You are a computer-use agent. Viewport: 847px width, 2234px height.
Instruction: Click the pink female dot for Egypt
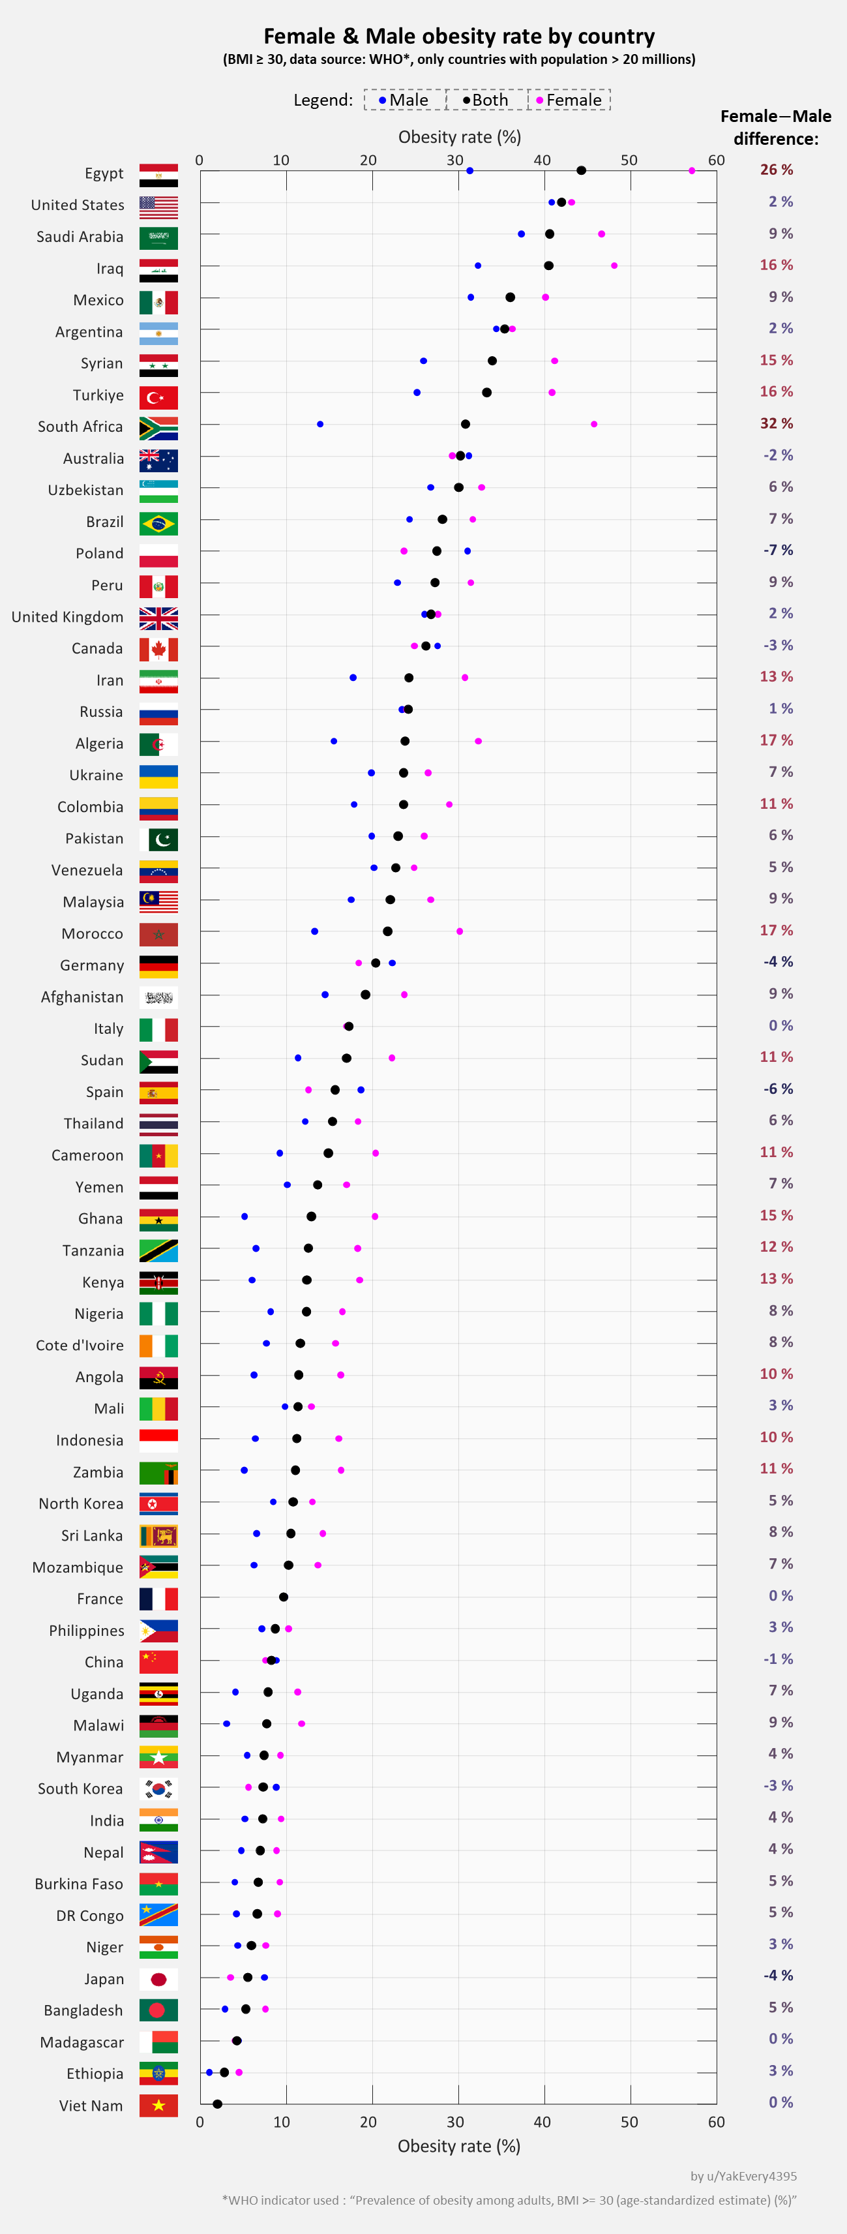point(692,171)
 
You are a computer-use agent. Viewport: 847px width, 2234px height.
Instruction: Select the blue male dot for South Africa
point(320,424)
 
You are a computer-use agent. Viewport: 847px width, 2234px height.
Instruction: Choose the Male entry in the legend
point(404,100)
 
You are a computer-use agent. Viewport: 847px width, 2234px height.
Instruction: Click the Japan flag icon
point(158,1979)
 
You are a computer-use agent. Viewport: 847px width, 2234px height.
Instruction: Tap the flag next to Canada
point(158,650)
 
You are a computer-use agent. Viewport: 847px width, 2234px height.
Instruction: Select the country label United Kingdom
point(68,616)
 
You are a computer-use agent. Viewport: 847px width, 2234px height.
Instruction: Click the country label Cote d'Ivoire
point(80,1345)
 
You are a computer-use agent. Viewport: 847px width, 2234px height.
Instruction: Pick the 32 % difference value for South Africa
point(776,423)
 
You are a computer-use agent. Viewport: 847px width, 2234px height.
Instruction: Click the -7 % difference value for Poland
point(778,550)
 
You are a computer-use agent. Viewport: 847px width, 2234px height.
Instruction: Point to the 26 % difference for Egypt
point(776,170)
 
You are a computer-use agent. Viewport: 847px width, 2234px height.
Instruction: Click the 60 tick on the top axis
point(716,160)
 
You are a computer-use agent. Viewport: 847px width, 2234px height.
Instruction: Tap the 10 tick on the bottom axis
point(282,2122)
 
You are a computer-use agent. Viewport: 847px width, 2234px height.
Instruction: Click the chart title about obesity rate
point(458,37)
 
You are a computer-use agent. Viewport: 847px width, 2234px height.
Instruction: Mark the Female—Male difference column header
point(775,127)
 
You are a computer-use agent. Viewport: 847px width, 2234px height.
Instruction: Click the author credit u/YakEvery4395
point(743,2176)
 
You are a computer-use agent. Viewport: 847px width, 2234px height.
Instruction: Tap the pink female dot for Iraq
point(614,265)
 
